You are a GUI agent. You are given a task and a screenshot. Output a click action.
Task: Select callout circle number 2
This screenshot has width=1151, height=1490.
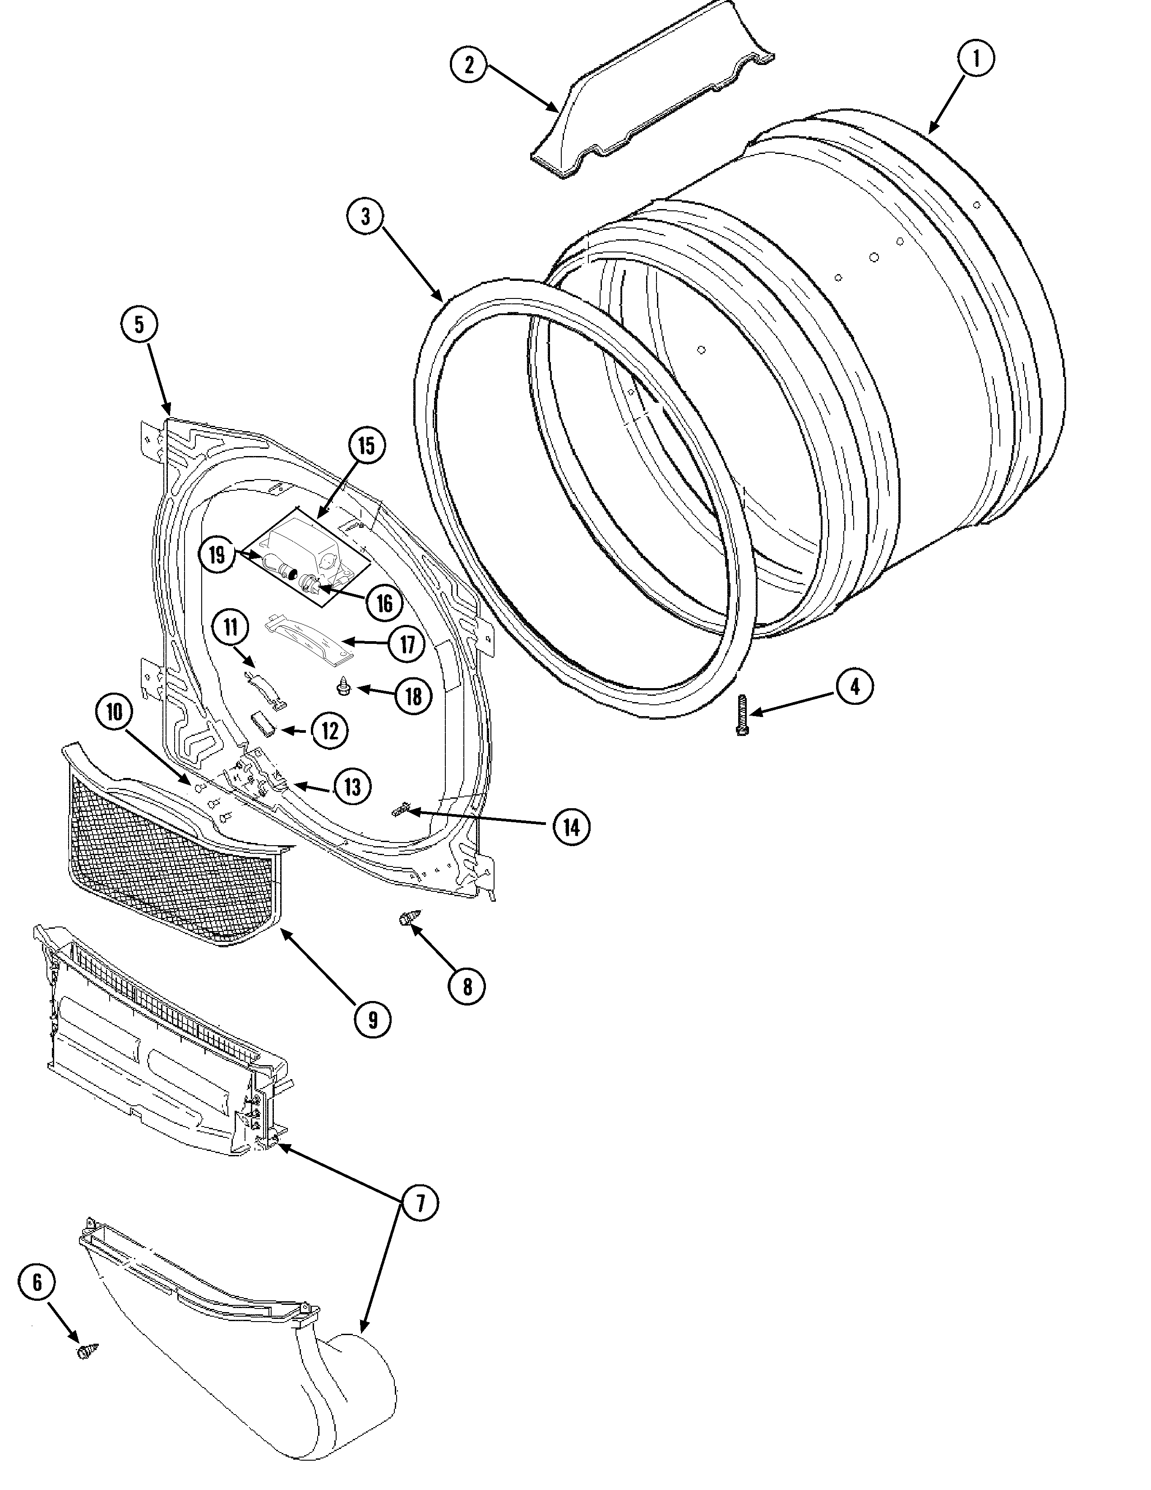(468, 65)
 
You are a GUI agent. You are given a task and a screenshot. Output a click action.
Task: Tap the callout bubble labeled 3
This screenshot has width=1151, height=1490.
(365, 217)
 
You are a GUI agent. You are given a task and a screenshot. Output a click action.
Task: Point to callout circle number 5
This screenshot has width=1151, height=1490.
(139, 325)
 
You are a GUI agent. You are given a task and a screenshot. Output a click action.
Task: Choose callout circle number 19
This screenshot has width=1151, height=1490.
(217, 554)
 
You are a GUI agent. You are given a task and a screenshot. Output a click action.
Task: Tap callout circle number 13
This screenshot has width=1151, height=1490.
(352, 787)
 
